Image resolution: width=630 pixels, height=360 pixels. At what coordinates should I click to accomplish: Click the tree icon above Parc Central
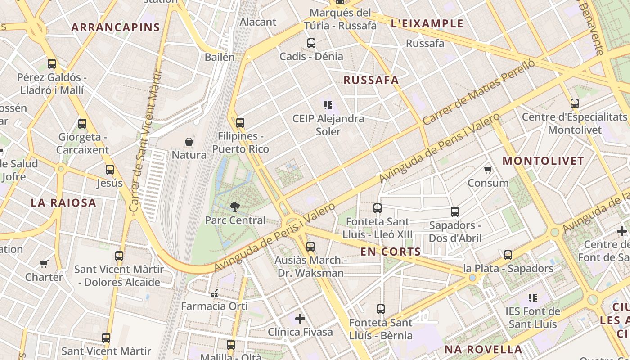click(x=234, y=207)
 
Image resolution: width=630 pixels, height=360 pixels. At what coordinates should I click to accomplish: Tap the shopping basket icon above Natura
click(x=189, y=142)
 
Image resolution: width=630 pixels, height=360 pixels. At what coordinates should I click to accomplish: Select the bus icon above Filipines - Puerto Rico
click(x=240, y=122)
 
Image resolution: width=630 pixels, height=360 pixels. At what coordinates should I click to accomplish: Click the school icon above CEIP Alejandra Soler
click(x=328, y=105)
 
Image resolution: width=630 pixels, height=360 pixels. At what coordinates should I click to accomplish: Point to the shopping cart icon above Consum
click(x=488, y=170)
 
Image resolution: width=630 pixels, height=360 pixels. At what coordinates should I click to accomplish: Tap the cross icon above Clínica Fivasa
click(x=300, y=319)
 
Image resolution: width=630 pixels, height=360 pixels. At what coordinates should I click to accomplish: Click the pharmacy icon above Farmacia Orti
click(x=214, y=293)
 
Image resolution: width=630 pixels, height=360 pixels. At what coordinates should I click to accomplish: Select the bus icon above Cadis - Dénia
click(x=311, y=43)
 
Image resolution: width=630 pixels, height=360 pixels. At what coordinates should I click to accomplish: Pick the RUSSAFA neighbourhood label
click(x=371, y=81)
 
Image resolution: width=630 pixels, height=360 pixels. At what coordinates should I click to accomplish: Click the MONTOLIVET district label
click(x=543, y=161)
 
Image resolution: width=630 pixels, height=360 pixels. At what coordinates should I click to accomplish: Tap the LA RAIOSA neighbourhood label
click(x=63, y=203)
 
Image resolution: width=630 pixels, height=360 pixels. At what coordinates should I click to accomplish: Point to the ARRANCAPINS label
click(x=116, y=27)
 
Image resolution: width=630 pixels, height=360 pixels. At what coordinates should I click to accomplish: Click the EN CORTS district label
click(x=391, y=252)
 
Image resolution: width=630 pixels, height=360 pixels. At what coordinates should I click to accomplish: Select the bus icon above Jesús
click(x=110, y=170)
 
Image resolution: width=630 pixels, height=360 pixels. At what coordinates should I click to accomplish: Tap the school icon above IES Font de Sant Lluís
click(x=533, y=297)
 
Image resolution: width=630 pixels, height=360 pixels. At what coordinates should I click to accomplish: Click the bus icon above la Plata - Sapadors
click(x=508, y=255)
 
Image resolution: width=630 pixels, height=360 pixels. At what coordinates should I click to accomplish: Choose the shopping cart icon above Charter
click(x=44, y=264)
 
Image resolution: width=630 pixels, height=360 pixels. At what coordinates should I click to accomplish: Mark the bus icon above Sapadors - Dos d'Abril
click(x=455, y=212)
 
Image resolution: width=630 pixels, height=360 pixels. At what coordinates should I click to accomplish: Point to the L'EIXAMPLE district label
click(x=427, y=23)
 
